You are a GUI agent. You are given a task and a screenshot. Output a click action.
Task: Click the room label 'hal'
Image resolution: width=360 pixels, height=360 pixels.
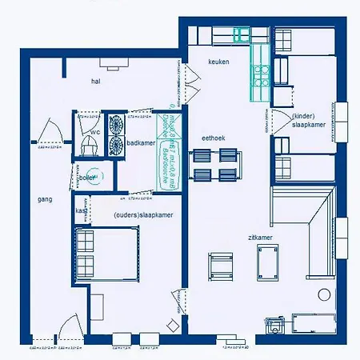pyautogui.click(x=95, y=82)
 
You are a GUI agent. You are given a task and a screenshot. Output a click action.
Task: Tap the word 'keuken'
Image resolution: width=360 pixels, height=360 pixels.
pyautogui.click(x=219, y=62)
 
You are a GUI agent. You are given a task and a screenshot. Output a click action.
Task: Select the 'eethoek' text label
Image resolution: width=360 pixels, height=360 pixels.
pyautogui.click(x=214, y=138)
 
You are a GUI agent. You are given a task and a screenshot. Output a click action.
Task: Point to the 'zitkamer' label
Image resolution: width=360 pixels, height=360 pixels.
pyautogui.click(x=260, y=238)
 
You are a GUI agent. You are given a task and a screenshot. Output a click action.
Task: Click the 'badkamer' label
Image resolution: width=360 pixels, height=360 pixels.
pyautogui.click(x=141, y=143)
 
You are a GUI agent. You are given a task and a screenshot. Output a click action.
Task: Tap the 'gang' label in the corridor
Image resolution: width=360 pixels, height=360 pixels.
pyautogui.click(x=45, y=198)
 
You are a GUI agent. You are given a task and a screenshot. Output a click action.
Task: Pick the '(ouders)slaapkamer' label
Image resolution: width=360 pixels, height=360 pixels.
pyautogui.click(x=139, y=215)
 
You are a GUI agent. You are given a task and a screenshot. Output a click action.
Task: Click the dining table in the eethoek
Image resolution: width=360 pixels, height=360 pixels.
pyautogui.click(x=214, y=166)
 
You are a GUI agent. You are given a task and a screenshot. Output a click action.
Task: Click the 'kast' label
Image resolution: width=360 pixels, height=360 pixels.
pyautogui.click(x=81, y=210)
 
